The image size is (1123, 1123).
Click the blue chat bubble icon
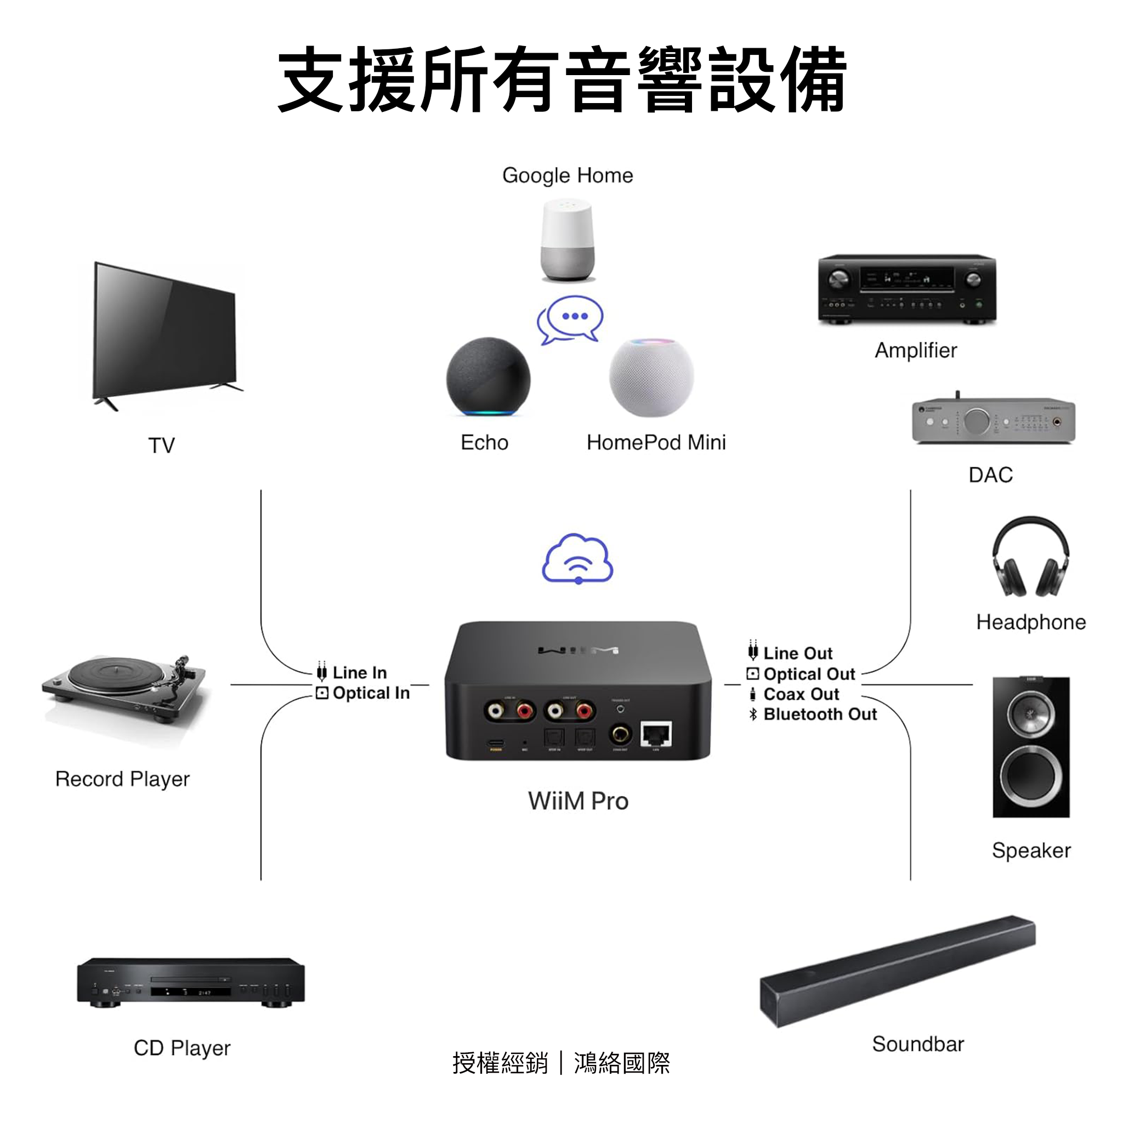click(x=570, y=319)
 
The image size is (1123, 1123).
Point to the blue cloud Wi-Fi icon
click(x=577, y=559)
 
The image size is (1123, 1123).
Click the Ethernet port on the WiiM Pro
click(x=656, y=734)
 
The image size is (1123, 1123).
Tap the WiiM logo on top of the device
click(x=578, y=649)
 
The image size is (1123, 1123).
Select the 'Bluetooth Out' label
click(x=820, y=714)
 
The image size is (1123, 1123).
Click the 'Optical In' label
click(x=371, y=693)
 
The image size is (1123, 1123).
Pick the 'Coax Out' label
click(x=801, y=694)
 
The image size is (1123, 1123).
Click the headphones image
click(x=1030, y=557)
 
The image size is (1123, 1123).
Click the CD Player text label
click(x=182, y=1047)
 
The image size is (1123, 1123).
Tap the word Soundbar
click(x=918, y=1043)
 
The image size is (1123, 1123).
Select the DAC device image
click(x=994, y=419)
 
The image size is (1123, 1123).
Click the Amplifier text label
click(x=916, y=350)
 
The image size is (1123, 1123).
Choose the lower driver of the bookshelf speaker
click(x=1030, y=774)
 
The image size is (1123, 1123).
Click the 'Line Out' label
click(x=797, y=653)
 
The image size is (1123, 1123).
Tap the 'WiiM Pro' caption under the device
click(x=578, y=801)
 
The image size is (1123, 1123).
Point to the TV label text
click(x=162, y=445)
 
